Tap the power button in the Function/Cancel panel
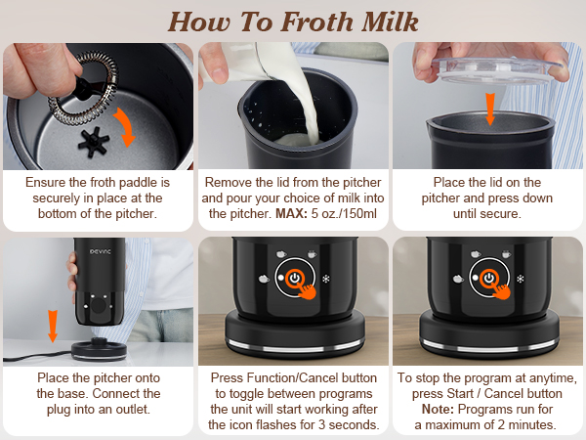tap(292, 278)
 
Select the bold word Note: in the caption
tap(442, 409)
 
